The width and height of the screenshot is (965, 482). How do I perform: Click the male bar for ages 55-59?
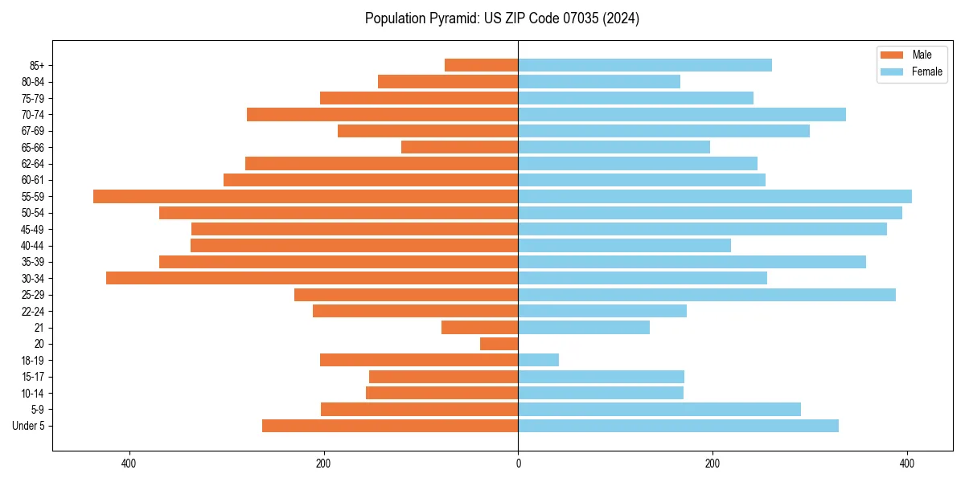(306, 196)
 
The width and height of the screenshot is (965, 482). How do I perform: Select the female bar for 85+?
(645, 65)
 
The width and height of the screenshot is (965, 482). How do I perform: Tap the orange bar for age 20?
(499, 344)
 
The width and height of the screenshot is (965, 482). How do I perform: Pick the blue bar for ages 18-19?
(538, 360)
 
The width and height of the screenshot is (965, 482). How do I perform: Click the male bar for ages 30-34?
(312, 278)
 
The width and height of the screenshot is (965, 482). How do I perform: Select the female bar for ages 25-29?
(707, 295)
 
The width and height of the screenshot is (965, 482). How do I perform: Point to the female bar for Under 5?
(678, 426)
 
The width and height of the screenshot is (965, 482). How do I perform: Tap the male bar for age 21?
(479, 327)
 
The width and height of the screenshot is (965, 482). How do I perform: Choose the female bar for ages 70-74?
(682, 114)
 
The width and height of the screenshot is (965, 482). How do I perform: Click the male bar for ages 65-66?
(459, 147)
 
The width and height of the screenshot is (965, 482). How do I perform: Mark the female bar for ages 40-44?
(624, 245)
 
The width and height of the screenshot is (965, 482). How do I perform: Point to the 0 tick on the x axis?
(518, 464)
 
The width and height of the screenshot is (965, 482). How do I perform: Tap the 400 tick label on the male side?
(129, 464)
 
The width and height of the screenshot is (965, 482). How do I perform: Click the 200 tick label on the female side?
(712, 464)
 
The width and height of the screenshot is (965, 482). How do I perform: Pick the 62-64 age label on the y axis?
(32, 164)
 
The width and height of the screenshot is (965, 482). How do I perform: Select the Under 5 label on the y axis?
(28, 426)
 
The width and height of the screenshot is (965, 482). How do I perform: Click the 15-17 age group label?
(32, 377)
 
